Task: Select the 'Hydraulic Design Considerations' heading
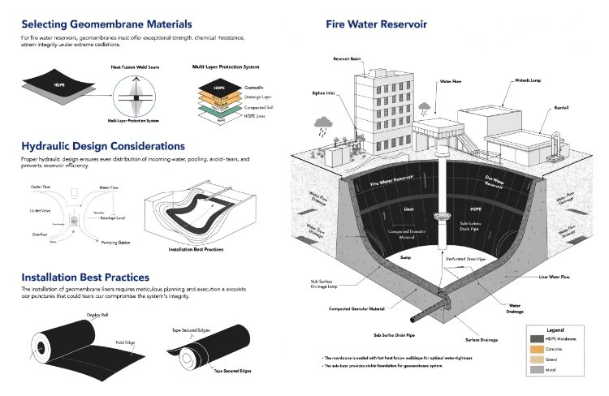point(104,146)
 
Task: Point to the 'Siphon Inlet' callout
point(323,93)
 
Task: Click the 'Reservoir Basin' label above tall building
point(348,59)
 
